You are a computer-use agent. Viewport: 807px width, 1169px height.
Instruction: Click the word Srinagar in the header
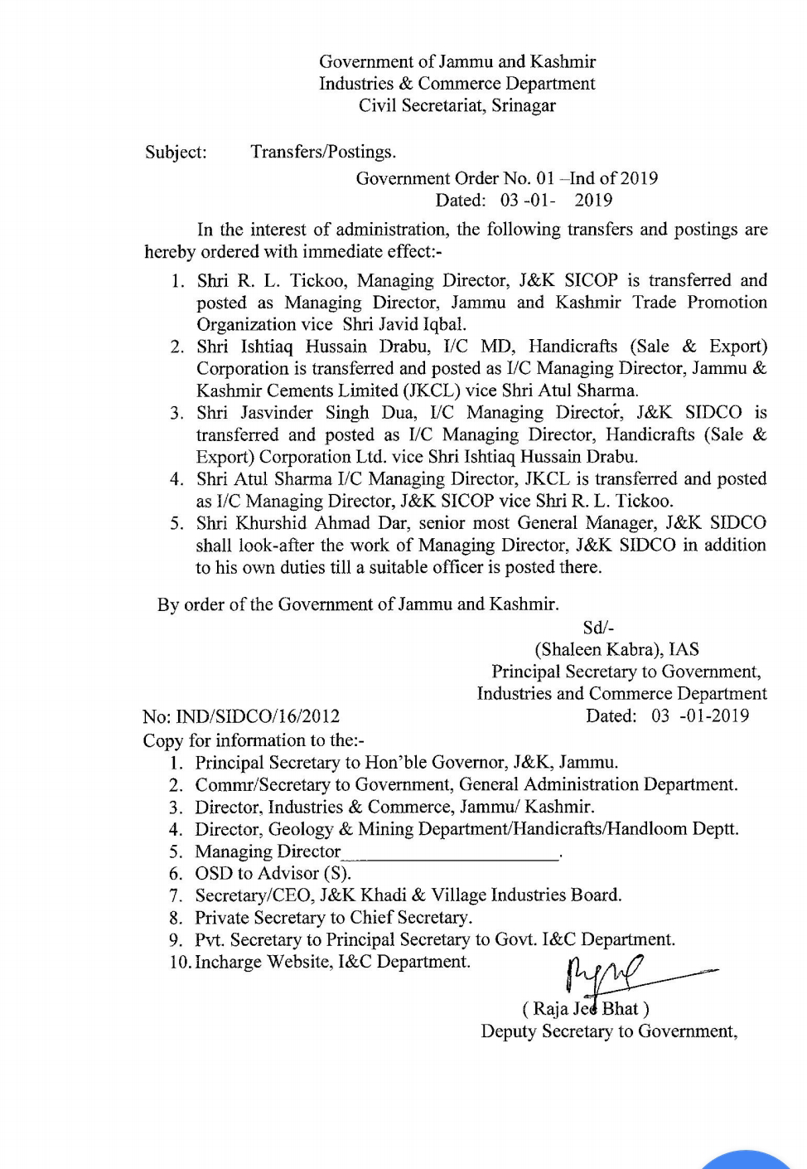point(523,105)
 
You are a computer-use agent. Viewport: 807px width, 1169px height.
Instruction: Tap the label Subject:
point(176,153)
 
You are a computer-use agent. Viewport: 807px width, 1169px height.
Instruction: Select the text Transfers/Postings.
point(323,153)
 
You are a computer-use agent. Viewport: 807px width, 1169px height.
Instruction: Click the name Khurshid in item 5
point(274,523)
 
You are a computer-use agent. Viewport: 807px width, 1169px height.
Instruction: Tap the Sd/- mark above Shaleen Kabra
point(598,628)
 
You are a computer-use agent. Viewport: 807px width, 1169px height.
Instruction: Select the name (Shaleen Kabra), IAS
point(616,650)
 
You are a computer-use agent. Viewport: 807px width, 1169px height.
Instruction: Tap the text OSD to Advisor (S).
point(273,874)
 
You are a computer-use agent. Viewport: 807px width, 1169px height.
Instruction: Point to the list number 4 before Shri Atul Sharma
point(176,479)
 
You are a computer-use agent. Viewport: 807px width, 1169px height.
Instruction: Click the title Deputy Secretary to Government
point(608,1031)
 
